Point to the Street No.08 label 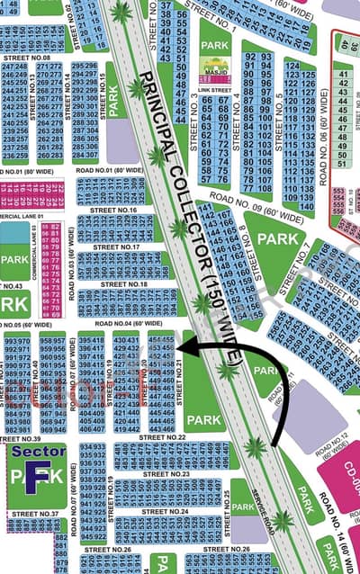34,58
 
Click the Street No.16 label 120,211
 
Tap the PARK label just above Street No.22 203,420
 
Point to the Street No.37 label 33,514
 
